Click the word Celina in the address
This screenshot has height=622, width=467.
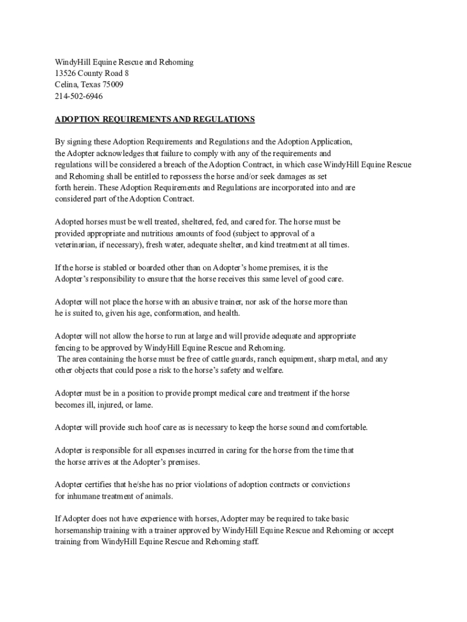pos(67,84)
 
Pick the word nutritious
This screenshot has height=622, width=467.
pos(160,233)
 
